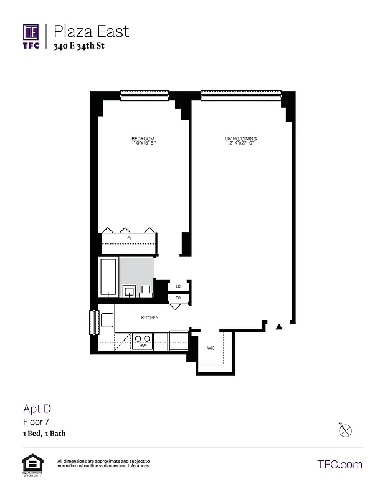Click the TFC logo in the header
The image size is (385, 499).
coord(31,36)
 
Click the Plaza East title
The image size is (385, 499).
coord(91,31)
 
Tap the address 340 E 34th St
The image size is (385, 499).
coord(79,46)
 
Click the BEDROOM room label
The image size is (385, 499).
coord(143,138)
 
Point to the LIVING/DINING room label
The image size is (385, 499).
coord(241,138)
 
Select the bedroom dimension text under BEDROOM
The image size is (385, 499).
coord(143,143)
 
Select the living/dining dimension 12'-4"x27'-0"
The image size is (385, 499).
coord(241,143)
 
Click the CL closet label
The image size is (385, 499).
coord(130,239)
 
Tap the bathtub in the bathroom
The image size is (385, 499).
coord(109,278)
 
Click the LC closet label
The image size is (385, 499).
coord(178,286)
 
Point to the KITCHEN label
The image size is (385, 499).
coord(150,318)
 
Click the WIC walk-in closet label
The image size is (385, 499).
coord(211,348)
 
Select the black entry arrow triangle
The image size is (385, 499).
coord(279,326)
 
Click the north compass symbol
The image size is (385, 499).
coord(346,430)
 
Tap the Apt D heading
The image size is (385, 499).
coord(37,409)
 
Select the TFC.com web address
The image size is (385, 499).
coord(340,464)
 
